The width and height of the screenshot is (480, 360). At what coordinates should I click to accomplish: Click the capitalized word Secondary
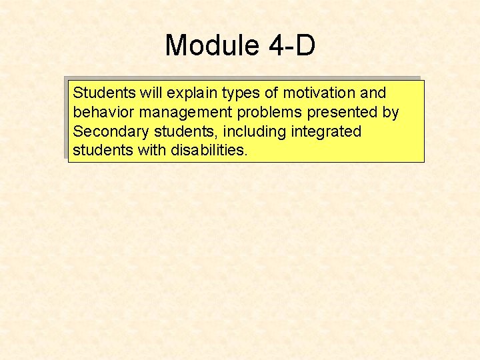point(107,131)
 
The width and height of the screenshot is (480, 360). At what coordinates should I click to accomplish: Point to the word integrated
point(326,131)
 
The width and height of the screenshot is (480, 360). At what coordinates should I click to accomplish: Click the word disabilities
point(209,151)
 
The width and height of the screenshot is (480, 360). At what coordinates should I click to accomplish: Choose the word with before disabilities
point(152,151)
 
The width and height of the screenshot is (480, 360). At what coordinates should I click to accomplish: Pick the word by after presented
point(390,112)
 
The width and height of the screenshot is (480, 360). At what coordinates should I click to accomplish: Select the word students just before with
point(103,151)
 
